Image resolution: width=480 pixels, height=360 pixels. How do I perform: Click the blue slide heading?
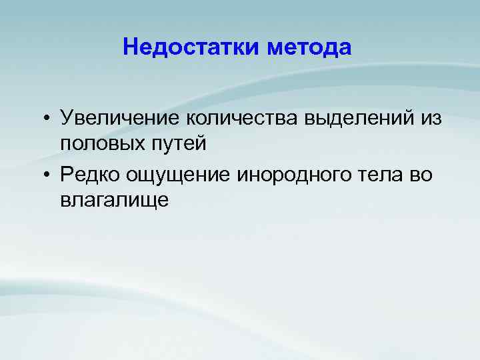coord(237,48)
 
